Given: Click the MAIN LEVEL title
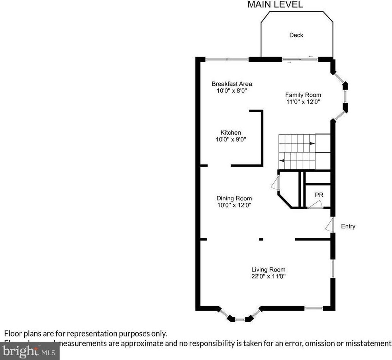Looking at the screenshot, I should coord(275,5).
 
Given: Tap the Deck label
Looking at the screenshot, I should coord(296,35).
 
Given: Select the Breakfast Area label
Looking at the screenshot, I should coord(231,84).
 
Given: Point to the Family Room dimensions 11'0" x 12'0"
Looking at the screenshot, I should coord(303,102).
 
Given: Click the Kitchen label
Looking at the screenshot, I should coord(231,133).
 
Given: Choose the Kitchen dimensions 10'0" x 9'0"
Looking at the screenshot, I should coord(231,139).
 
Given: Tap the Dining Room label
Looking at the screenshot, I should coord(234,198).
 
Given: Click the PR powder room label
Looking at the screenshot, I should coord(319,195).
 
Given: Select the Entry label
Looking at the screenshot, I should coord(348,226).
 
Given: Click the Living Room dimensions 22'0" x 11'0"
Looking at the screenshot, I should coord(268,276).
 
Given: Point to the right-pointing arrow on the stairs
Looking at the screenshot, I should coord(312,143).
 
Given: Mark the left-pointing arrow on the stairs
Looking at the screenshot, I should coord(282,161).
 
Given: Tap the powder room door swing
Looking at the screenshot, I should coord(316,205).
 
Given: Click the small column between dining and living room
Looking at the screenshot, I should coord(261,239).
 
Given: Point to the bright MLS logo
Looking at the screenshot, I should coord(30,351).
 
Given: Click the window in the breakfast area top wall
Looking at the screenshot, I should coord(227,59).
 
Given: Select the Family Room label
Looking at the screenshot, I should coord(303,95).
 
